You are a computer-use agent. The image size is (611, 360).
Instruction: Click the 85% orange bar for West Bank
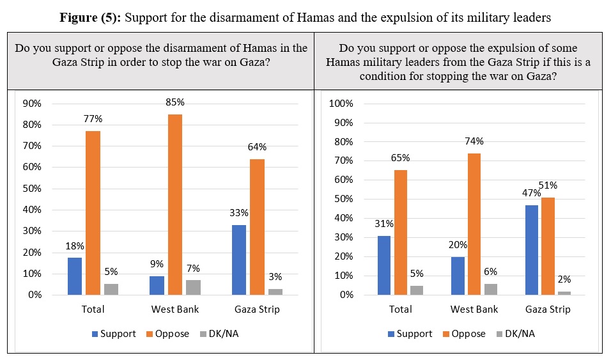tap(174, 205)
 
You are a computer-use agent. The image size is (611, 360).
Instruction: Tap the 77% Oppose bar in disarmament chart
tap(92, 213)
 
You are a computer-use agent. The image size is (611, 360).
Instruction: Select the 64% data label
tap(257, 147)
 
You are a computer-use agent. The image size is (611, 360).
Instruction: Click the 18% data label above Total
tap(75, 246)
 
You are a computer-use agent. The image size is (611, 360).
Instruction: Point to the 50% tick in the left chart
tap(32, 189)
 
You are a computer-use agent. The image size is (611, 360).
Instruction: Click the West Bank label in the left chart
tap(174, 309)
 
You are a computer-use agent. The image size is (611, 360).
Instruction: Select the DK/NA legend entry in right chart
tap(520, 334)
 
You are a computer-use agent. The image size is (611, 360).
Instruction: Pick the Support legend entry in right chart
tap(410, 334)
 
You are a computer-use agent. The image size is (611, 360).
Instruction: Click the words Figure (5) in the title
tap(90, 17)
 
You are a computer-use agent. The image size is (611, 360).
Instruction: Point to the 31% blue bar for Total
tap(383, 265)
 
